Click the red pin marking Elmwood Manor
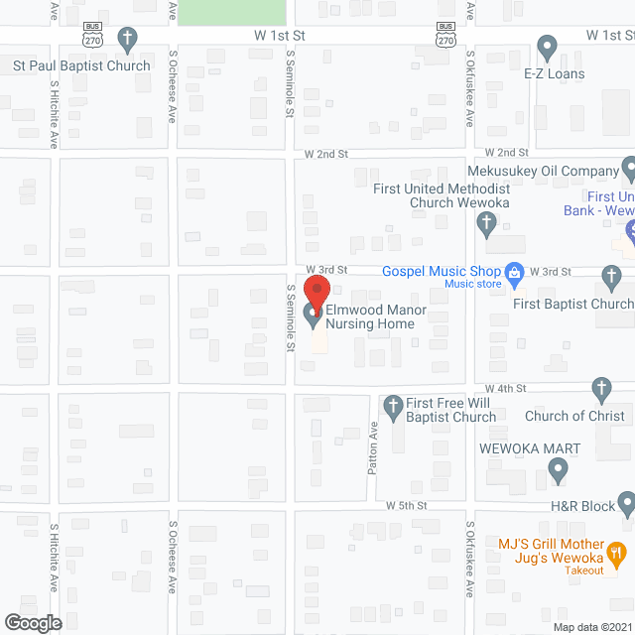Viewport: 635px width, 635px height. pyautogui.click(x=316, y=294)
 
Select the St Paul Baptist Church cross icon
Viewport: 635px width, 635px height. pyautogui.click(x=127, y=41)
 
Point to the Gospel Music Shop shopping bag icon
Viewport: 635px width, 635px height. pyautogui.click(x=514, y=271)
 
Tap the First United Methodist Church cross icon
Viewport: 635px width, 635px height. pyautogui.click(x=485, y=225)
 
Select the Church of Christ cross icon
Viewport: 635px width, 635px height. pyautogui.click(x=599, y=388)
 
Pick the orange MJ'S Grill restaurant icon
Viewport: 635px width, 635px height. pyautogui.click(x=616, y=552)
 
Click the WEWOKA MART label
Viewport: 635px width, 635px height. pyautogui.click(x=530, y=448)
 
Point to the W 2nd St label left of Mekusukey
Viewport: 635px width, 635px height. pyautogui.click(x=326, y=154)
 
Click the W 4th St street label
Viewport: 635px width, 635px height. pyautogui.click(x=505, y=388)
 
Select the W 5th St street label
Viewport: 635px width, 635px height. pyautogui.click(x=407, y=505)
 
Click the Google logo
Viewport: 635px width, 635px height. pyautogui.click(x=33, y=622)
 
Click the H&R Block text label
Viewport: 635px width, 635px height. pyautogui.click(x=584, y=506)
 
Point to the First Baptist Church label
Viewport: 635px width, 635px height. pyautogui.click(x=572, y=304)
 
